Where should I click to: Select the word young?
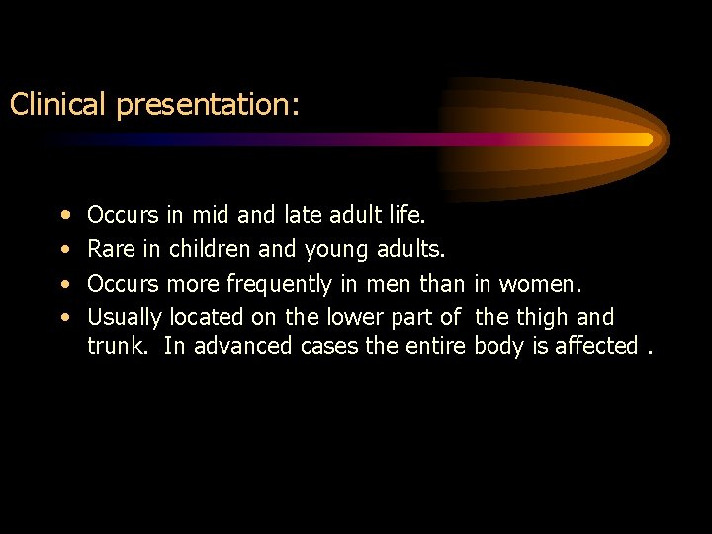(x=337, y=251)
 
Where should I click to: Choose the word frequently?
(x=278, y=285)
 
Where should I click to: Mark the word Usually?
(x=126, y=318)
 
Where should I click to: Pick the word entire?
(x=434, y=346)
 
